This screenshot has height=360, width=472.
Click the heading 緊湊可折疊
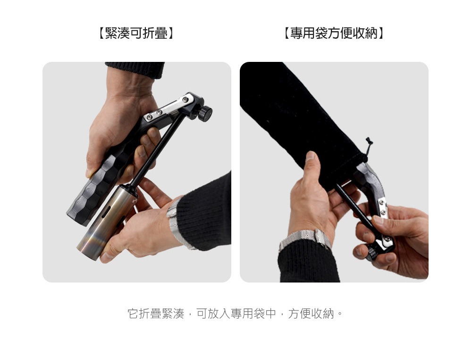point(136,33)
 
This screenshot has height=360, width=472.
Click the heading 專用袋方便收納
point(334,33)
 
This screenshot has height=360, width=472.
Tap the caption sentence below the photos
point(236,314)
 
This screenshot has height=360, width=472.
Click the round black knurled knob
point(206,113)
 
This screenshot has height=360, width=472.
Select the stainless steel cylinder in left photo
point(106,222)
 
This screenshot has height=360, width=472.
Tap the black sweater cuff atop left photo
point(135,69)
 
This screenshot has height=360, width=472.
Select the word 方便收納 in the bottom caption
point(311,314)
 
